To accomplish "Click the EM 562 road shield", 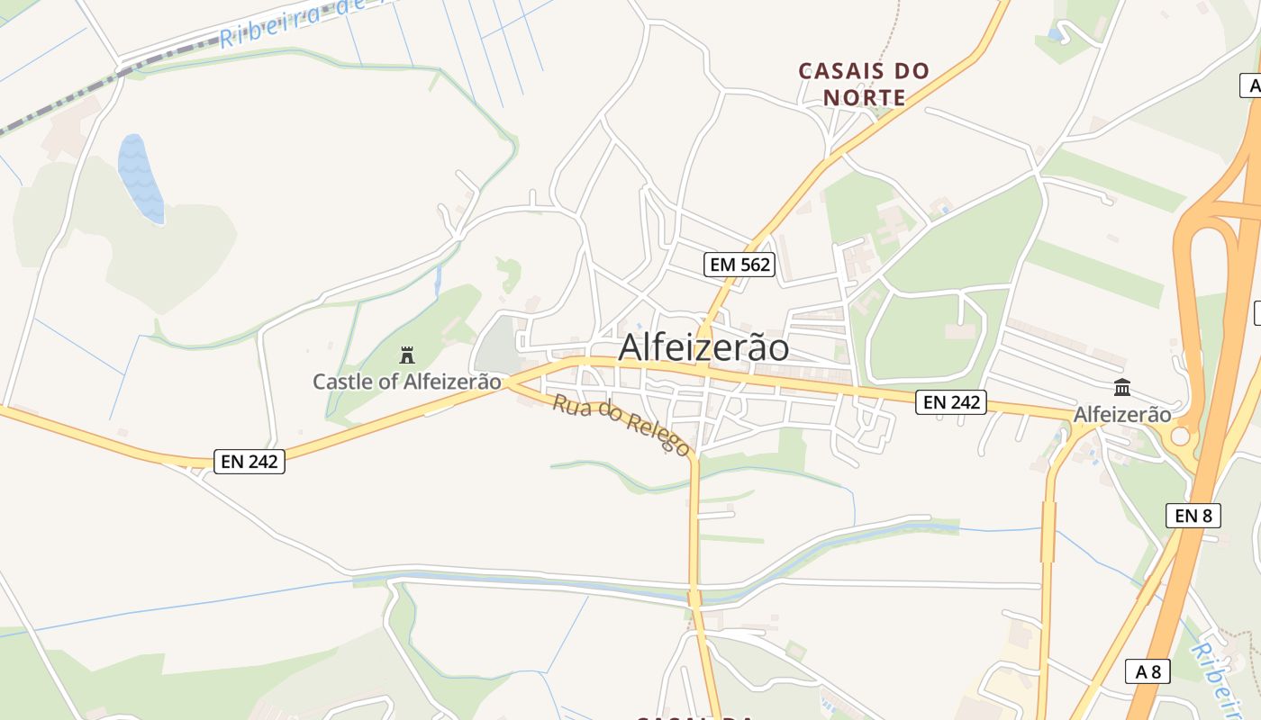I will [739, 264].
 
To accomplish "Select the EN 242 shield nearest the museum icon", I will [951, 402].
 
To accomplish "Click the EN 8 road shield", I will [1193, 516].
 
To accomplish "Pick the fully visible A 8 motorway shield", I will [1148, 671].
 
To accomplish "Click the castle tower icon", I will [407, 355].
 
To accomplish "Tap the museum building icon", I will [1122, 388].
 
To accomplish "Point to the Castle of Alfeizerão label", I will [407, 382].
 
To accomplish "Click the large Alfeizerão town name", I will [703, 348].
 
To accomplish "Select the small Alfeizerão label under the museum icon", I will [1122, 415].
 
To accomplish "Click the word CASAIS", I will [839, 71].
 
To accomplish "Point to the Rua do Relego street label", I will [621, 425].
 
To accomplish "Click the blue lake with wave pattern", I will [141, 178].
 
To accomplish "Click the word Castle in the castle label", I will [340, 382].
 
